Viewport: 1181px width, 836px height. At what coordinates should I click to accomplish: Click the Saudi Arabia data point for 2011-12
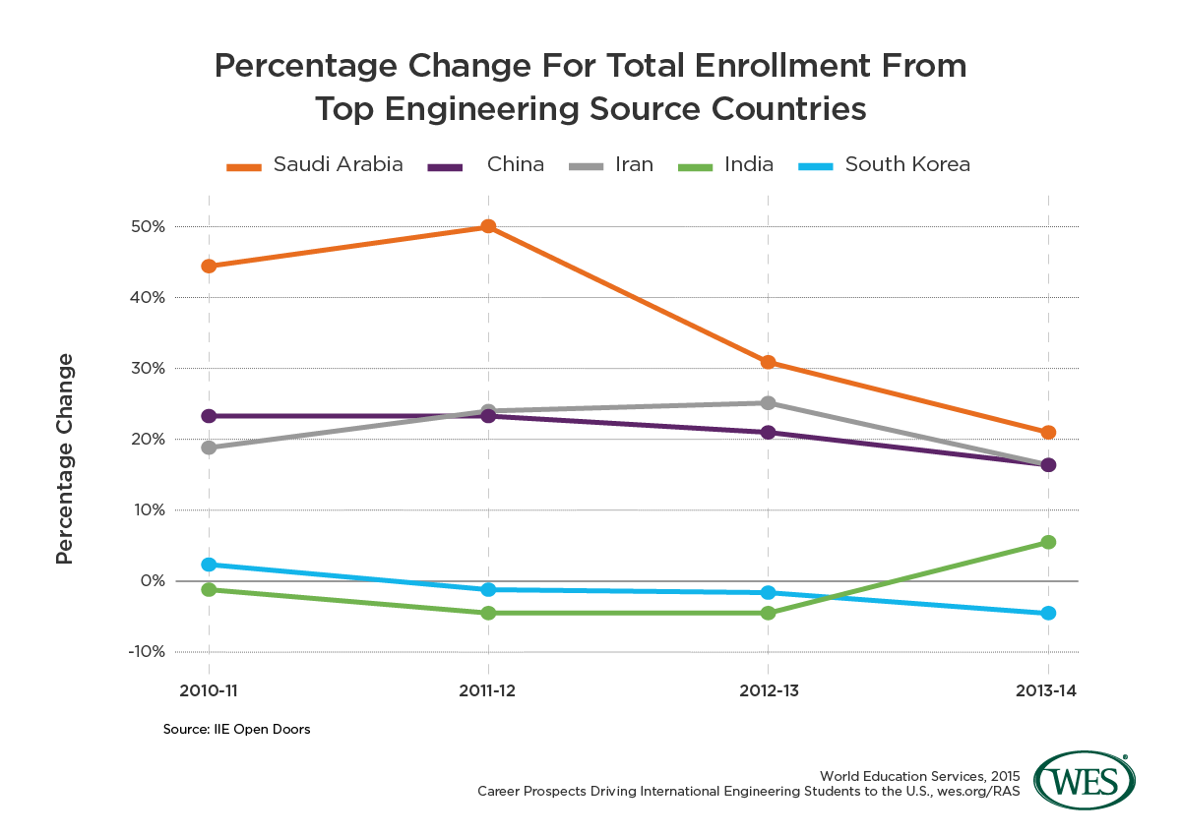[488, 226]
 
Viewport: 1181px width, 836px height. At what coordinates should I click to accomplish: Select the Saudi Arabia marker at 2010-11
[209, 266]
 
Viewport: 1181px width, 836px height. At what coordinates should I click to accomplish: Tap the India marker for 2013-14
[1048, 542]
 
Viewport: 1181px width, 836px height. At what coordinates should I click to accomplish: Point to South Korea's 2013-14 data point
[1048, 613]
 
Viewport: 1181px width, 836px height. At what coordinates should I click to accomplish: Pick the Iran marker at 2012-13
[768, 402]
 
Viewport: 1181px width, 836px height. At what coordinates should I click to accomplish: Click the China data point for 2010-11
[209, 416]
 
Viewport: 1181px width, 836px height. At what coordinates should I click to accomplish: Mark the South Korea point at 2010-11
[209, 565]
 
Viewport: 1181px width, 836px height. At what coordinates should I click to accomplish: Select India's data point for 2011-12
[488, 613]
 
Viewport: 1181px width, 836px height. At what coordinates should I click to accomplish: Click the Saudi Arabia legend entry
[338, 164]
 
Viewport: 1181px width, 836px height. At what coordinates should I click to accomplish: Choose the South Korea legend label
[906, 164]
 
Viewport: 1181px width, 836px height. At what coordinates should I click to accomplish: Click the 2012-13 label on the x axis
[768, 691]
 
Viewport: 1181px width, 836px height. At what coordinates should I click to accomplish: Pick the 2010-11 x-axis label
[209, 691]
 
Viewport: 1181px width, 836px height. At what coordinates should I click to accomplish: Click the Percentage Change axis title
[65, 457]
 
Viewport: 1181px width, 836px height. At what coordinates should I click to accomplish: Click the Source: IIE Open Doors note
[236, 731]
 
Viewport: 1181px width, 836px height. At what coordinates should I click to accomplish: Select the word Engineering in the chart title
[485, 108]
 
